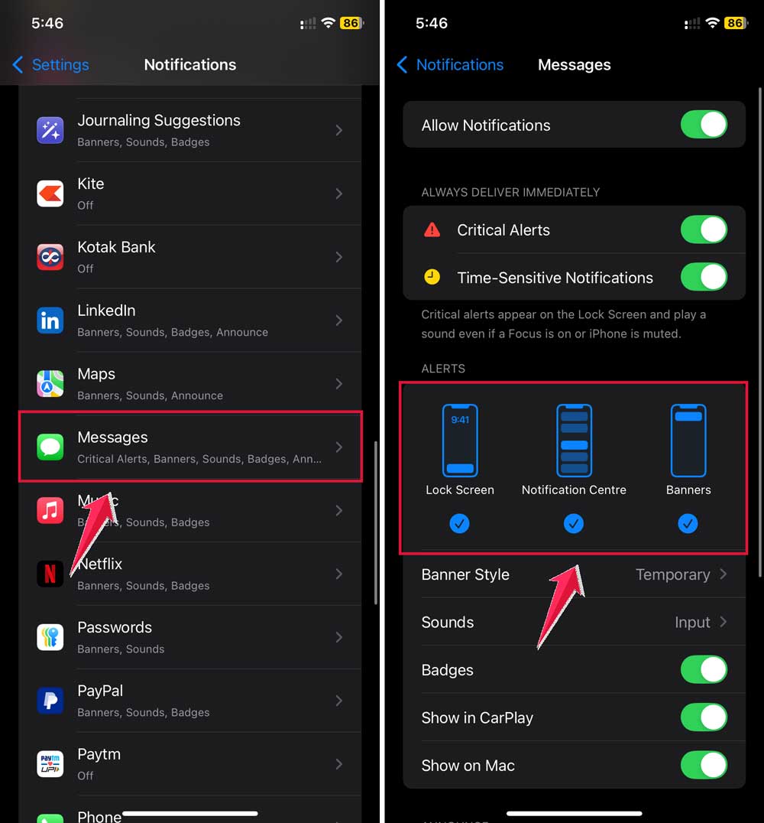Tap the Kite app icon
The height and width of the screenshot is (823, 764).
pos(50,194)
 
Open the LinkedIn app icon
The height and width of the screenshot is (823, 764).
pos(50,320)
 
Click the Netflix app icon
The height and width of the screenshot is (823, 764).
pos(50,574)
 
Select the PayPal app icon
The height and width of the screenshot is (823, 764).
pos(50,701)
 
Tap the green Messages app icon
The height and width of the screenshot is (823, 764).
pos(50,447)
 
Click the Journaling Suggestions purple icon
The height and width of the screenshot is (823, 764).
pos(50,130)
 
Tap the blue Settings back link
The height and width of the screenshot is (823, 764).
pos(51,65)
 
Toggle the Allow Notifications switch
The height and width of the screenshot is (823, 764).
pos(704,125)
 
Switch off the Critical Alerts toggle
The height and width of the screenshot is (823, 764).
pos(704,229)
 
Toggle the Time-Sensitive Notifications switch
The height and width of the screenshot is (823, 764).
pos(704,277)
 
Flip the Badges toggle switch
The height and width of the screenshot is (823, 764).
pos(704,670)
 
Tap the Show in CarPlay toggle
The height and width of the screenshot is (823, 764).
pos(704,717)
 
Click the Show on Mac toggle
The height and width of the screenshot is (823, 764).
pos(704,765)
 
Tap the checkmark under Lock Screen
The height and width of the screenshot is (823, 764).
pos(460,524)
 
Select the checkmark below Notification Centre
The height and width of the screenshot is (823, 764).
pos(574,524)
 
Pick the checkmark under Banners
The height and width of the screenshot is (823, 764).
pos(688,524)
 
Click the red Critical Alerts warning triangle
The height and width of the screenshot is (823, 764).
pos(432,229)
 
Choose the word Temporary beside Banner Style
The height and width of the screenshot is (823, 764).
pos(672,574)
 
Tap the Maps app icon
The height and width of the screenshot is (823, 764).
pos(50,383)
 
